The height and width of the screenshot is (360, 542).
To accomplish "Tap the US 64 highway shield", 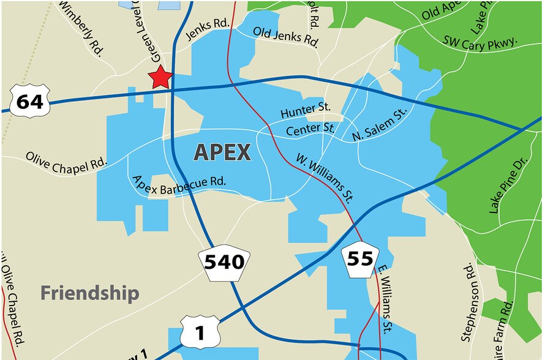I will [x=29, y=101].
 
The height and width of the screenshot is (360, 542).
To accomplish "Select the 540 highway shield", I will [x=224, y=263].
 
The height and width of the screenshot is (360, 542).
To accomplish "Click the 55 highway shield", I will [x=359, y=258].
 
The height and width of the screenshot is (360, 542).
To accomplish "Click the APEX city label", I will [x=222, y=152].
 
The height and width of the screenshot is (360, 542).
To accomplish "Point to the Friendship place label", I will [x=90, y=293].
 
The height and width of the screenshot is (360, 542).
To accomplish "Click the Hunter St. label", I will [x=306, y=111].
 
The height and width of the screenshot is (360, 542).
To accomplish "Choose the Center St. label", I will [x=311, y=129].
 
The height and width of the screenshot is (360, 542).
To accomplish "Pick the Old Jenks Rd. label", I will [x=286, y=37].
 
